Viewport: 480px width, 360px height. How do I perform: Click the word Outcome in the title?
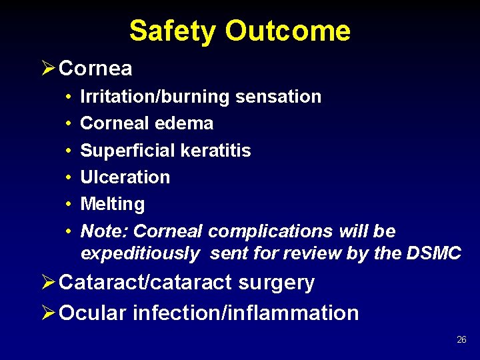coord(287,31)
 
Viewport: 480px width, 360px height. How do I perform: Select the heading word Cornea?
coord(95,68)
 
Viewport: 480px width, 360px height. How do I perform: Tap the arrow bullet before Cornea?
coord(48,68)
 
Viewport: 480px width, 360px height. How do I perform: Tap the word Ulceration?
coord(125,177)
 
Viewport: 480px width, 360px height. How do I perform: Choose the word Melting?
coord(112,204)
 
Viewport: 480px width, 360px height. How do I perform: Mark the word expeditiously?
coord(139,253)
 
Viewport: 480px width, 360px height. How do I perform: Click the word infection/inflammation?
coord(246,313)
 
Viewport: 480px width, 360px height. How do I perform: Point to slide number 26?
coord(461,340)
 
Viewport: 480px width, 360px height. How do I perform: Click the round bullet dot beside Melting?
coord(69,205)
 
